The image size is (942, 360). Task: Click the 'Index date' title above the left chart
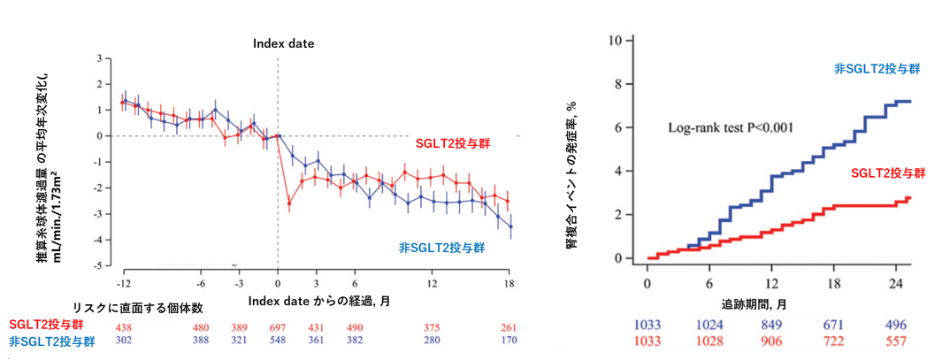[283, 42]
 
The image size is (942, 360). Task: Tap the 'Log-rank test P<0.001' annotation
[730, 128]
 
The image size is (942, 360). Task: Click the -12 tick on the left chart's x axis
[125, 282]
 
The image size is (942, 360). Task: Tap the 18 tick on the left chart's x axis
[510, 282]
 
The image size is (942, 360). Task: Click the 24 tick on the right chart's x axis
[897, 283]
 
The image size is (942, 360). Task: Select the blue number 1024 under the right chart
[709, 325]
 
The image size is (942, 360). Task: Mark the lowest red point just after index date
[289, 203]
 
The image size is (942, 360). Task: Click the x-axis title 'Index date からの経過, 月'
[319, 301]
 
